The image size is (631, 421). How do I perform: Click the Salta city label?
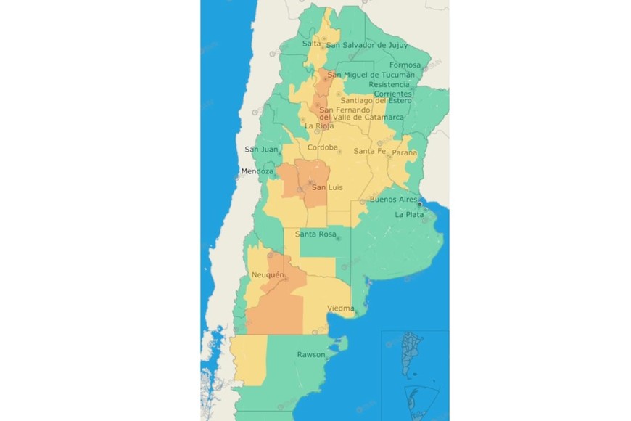[311, 44]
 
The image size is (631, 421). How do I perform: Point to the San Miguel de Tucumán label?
[371, 75]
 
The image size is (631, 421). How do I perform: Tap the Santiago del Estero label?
[376, 100]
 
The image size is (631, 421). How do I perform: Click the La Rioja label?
[319, 126]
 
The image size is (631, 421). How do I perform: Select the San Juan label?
[261, 150]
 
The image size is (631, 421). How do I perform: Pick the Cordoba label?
[323, 147]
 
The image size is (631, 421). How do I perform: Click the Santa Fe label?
[369, 151]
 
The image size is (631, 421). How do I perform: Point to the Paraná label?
[405, 153]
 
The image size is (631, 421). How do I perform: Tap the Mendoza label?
[257, 171]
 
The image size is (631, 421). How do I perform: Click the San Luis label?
[326, 188]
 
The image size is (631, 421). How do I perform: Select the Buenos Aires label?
[392, 199]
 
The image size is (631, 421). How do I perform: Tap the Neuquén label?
[267, 275]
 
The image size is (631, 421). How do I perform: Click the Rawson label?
[310, 354]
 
